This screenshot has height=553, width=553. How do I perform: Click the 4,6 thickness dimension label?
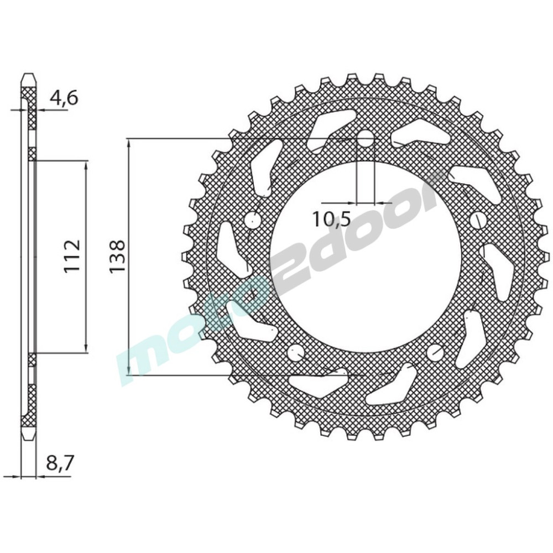click(x=64, y=98)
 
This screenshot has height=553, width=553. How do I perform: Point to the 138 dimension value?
click(x=117, y=256)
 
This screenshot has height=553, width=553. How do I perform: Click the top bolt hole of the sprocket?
click(x=366, y=139)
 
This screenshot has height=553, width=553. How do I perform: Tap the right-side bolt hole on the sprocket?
click(x=478, y=220)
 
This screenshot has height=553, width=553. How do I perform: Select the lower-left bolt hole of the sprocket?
click(x=296, y=352)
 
